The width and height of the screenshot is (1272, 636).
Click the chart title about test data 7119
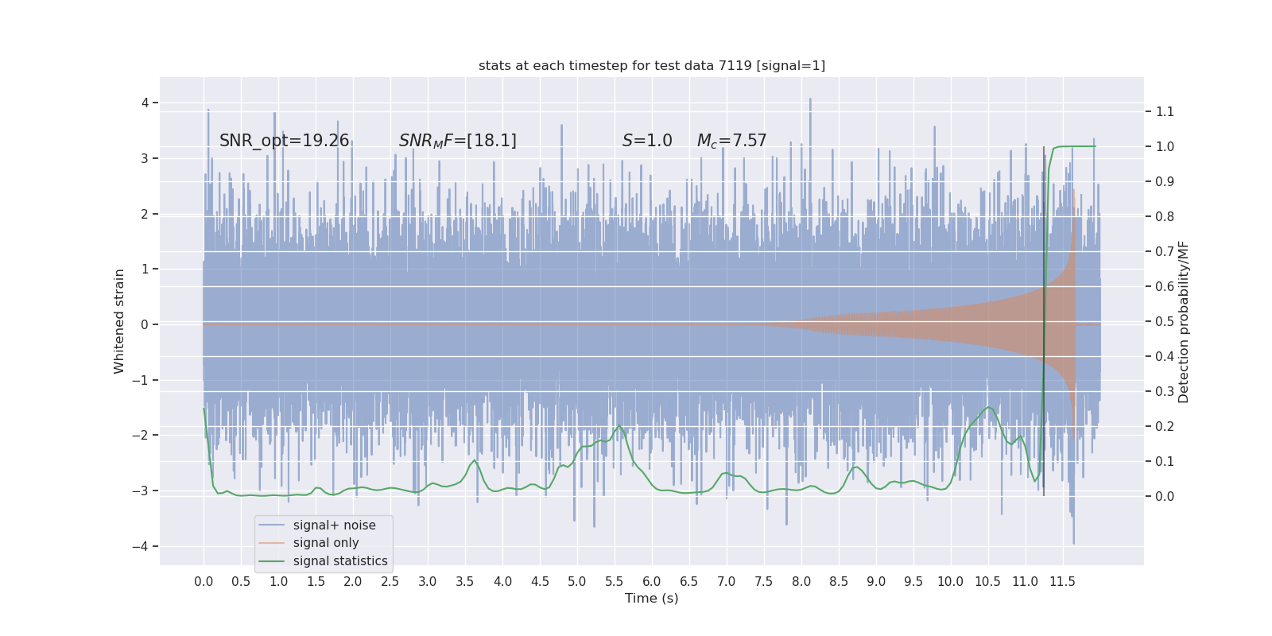652,65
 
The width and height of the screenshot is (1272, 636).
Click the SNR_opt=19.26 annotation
284,141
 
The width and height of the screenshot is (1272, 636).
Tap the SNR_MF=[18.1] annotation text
457,141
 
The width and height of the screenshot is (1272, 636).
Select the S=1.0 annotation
647,141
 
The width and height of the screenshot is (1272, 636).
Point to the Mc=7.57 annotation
731,141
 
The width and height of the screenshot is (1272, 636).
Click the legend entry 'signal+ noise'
334,525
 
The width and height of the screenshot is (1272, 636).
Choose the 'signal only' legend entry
326,543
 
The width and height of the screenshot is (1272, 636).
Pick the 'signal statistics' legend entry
340,561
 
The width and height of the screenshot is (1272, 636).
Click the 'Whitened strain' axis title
119,321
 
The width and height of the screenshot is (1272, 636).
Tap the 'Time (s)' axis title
652,599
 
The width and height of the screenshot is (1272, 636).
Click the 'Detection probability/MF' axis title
1184,321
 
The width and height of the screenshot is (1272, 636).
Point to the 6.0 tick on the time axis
652,582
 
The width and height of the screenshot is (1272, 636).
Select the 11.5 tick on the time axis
1062,582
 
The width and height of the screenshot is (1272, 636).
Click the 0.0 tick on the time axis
204,582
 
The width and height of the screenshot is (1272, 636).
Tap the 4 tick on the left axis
145,103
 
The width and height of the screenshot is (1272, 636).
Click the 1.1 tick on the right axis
1165,111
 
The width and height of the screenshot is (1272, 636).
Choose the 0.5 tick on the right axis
1165,321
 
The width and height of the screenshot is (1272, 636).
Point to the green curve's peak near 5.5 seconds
619,425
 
